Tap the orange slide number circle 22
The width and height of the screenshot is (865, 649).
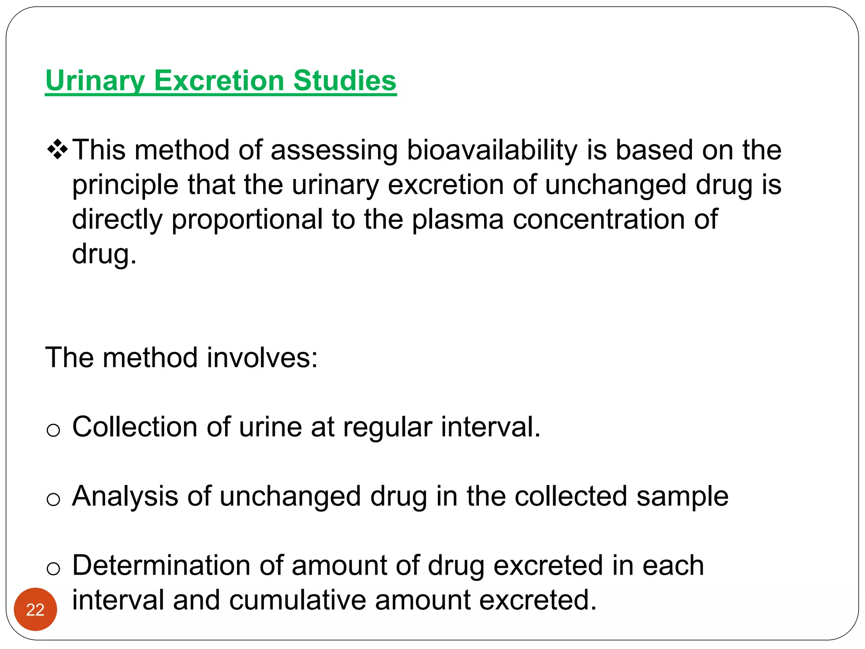(35, 609)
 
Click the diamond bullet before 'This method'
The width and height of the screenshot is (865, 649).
(57, 150)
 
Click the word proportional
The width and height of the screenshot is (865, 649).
(247, 219)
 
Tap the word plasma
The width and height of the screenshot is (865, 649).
(457, 219)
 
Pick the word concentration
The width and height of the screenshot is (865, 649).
(598, 219)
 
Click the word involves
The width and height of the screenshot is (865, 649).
(262, 357)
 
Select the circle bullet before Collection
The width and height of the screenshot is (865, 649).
(53, 430)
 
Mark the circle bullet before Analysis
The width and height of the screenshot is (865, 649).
(53, 499)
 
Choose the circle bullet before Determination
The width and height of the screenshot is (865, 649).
(53, 569)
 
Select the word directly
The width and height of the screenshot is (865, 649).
(117, 219)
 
